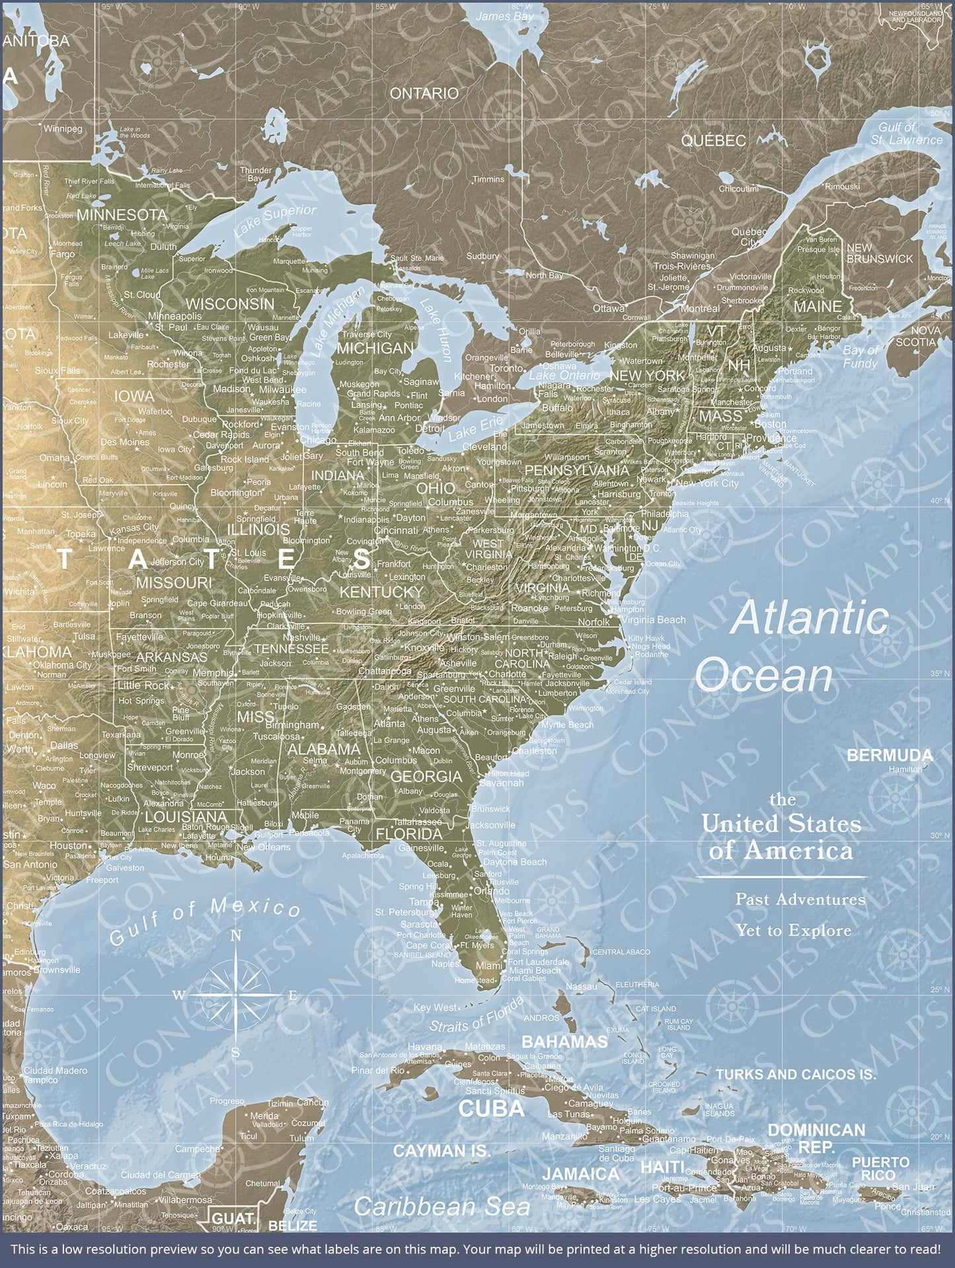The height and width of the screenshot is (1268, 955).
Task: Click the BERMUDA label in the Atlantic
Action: (x=890, y=755)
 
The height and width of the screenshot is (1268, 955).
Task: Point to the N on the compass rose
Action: (x=236, y=935)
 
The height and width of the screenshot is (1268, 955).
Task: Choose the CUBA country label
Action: (x=491, y=1109)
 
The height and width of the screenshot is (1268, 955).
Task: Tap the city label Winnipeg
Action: (x=63, y=129)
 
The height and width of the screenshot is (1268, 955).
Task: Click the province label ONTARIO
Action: (x=424, y=94)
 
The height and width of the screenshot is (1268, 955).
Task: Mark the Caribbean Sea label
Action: (x=441, y=1207)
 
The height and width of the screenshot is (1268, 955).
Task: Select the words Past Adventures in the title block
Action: (x=800, y=899)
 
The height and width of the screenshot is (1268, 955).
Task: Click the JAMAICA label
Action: (x=581, y=1174)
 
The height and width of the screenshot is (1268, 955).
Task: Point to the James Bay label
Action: (x=504, y=16)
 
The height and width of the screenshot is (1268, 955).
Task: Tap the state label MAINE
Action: (x=818, y=307)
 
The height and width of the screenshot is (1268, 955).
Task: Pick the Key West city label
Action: (x=435, y=1008)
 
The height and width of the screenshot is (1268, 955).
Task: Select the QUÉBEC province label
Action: (x=713, y=141)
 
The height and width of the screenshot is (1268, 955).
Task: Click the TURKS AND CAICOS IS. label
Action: (x=796, y=1074)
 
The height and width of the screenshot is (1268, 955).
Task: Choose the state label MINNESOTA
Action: (x=122, y=215)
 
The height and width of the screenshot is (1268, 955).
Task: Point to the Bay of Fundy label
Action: (x=860, y=356)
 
